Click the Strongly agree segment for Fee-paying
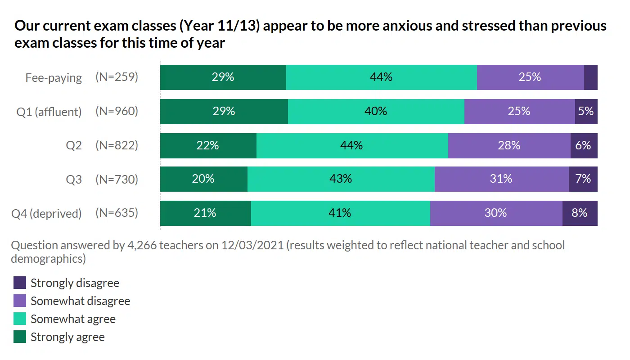[223, 77]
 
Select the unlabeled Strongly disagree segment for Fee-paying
[590, 77]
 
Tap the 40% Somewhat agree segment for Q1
[376, 112]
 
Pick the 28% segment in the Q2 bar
[509, 146]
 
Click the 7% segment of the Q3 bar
[583, 179]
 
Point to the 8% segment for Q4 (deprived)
[580, 213]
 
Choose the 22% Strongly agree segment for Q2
[208, 146]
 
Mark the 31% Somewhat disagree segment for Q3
[501, 179]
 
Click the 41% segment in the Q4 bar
[340, 213]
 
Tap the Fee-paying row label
[54, 78]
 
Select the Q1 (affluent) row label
[49, 112]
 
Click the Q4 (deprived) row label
[46, 213]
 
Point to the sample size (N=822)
[117, 145]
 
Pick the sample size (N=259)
[117, 77]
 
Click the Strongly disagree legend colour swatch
[20, 283]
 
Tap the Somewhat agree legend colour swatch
[20, 319]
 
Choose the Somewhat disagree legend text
[80, 301]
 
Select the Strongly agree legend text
[67, 337]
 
